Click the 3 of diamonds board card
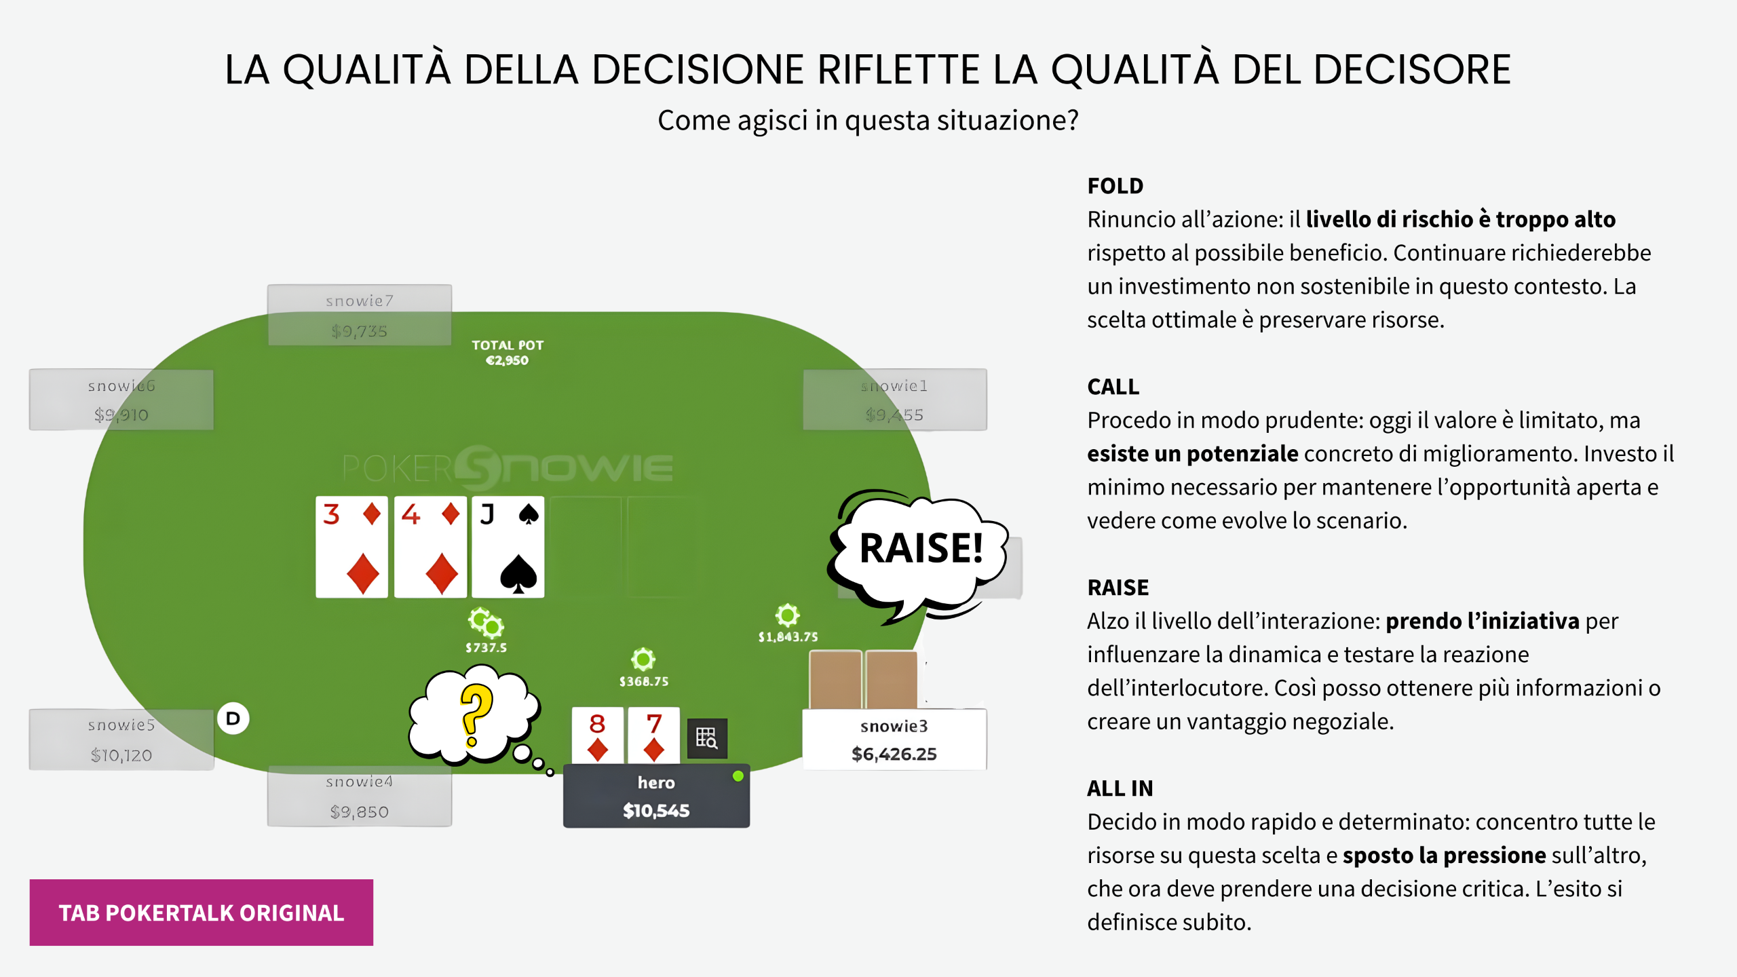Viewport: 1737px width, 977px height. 351,546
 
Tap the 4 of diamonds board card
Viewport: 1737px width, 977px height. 430,546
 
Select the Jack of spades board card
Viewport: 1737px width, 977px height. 508,546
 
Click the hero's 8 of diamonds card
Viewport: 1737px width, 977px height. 597,735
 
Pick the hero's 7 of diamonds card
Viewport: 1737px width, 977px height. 653,735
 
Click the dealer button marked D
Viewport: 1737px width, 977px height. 233,719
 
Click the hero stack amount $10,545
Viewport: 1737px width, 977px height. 656,811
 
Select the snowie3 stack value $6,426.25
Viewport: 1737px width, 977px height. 894,754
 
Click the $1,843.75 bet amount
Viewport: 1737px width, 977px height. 788,637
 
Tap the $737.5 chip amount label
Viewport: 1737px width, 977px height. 486,648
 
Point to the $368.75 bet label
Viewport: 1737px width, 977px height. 643,681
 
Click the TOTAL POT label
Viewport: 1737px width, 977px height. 508,345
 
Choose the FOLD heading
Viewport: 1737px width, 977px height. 1115,186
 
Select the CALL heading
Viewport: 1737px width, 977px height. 1113,387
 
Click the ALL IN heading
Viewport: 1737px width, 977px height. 1120,788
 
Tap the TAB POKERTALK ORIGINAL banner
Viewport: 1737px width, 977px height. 202,913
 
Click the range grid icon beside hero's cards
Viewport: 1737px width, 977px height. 706,738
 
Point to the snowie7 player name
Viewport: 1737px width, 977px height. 359,301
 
